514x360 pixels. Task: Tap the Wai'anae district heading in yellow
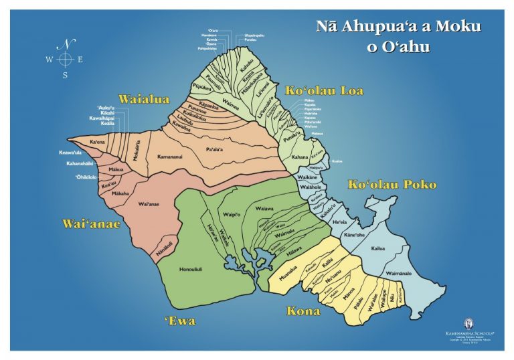pyautogui.click(x=91, y=223)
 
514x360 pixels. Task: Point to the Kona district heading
pyautogui.click(x=303, y=311)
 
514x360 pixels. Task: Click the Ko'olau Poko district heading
pyautogui.click(x=392, y=184)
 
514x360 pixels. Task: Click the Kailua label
pyautogui.click(x=378, y=248)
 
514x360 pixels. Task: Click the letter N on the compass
pyautogui.click(x=66, y=45)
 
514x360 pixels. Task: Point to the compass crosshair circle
pyautogui.click(x=65, y=60)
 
